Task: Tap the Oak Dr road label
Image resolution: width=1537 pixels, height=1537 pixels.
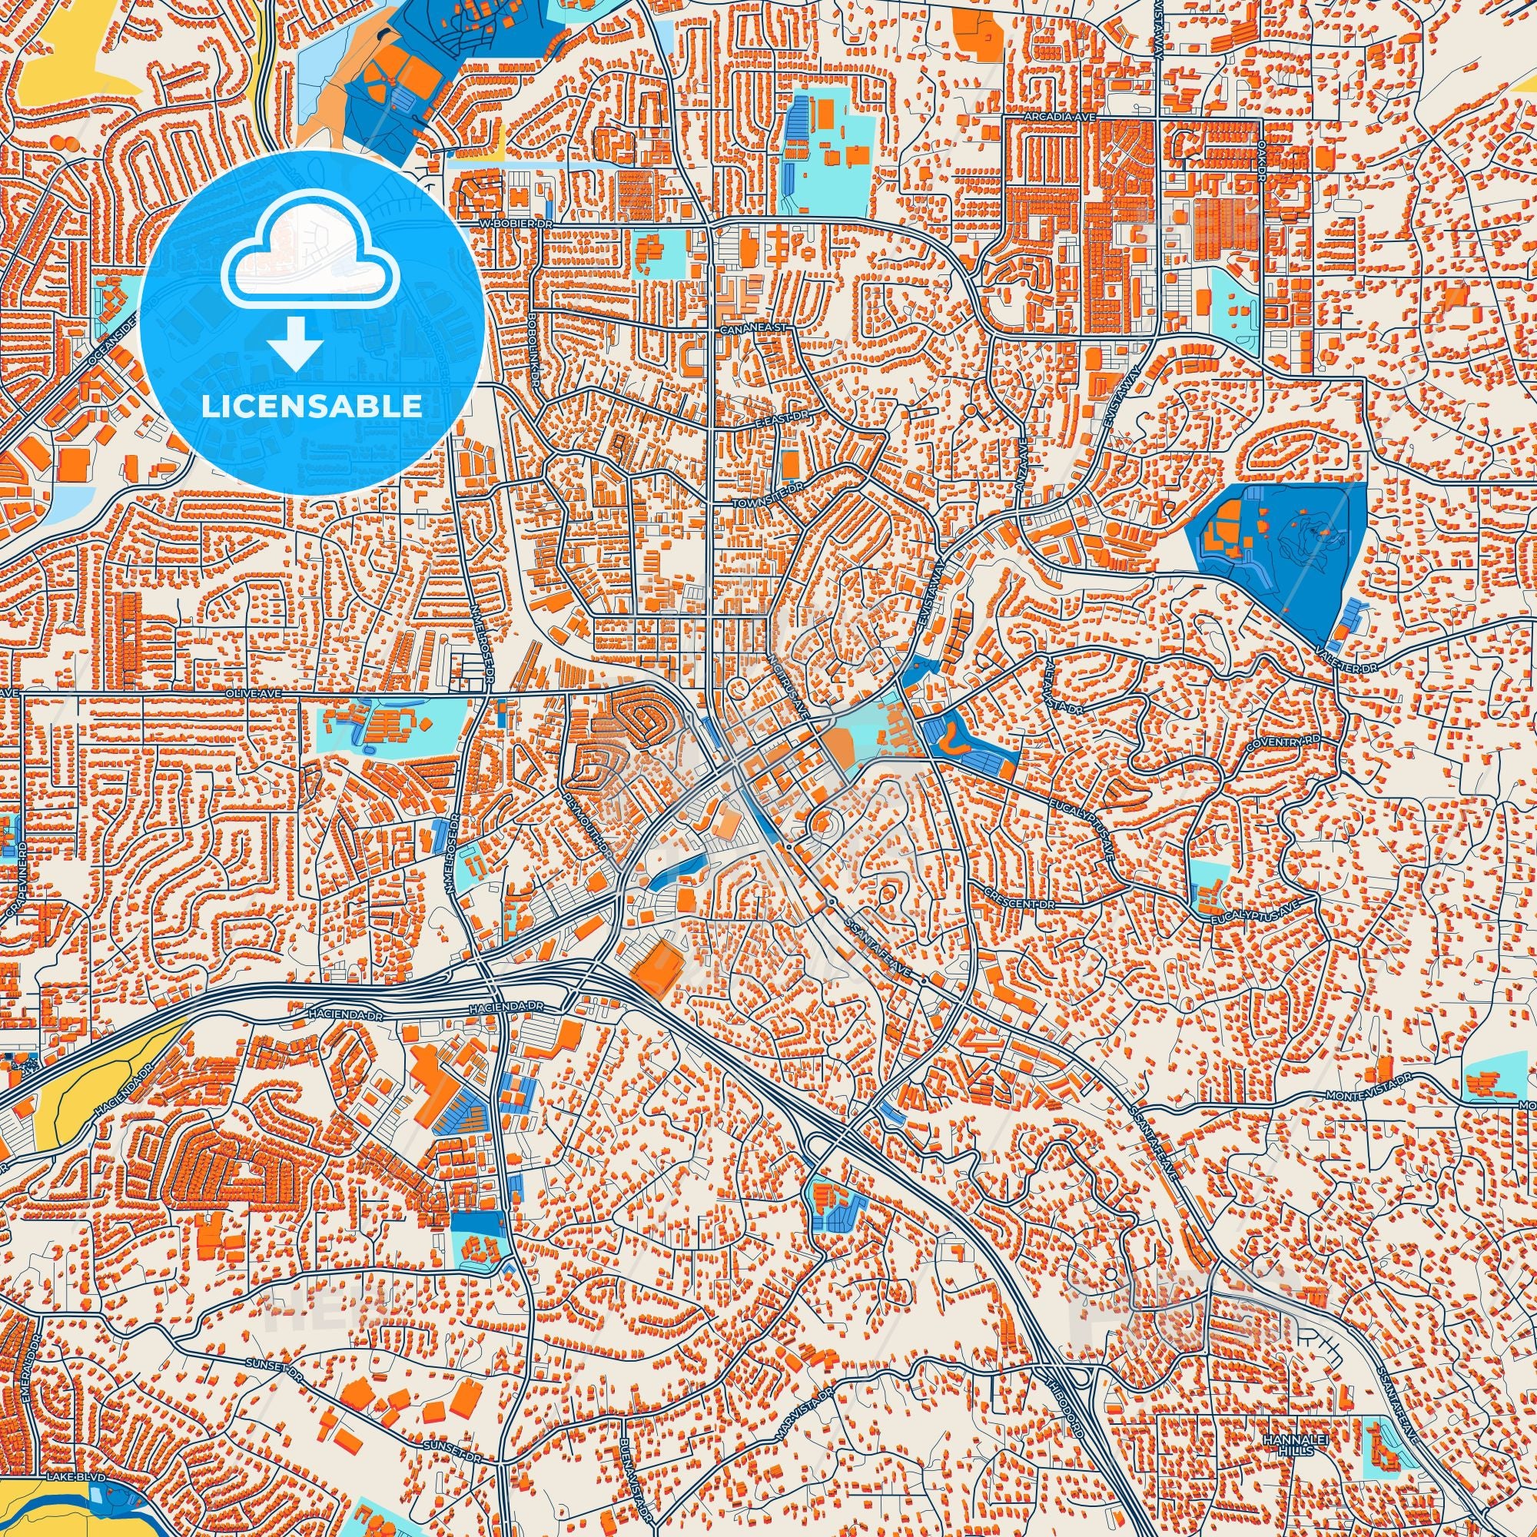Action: [x=1262, y=164]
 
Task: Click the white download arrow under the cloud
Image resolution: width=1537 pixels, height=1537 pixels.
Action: [x=294, y=344]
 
